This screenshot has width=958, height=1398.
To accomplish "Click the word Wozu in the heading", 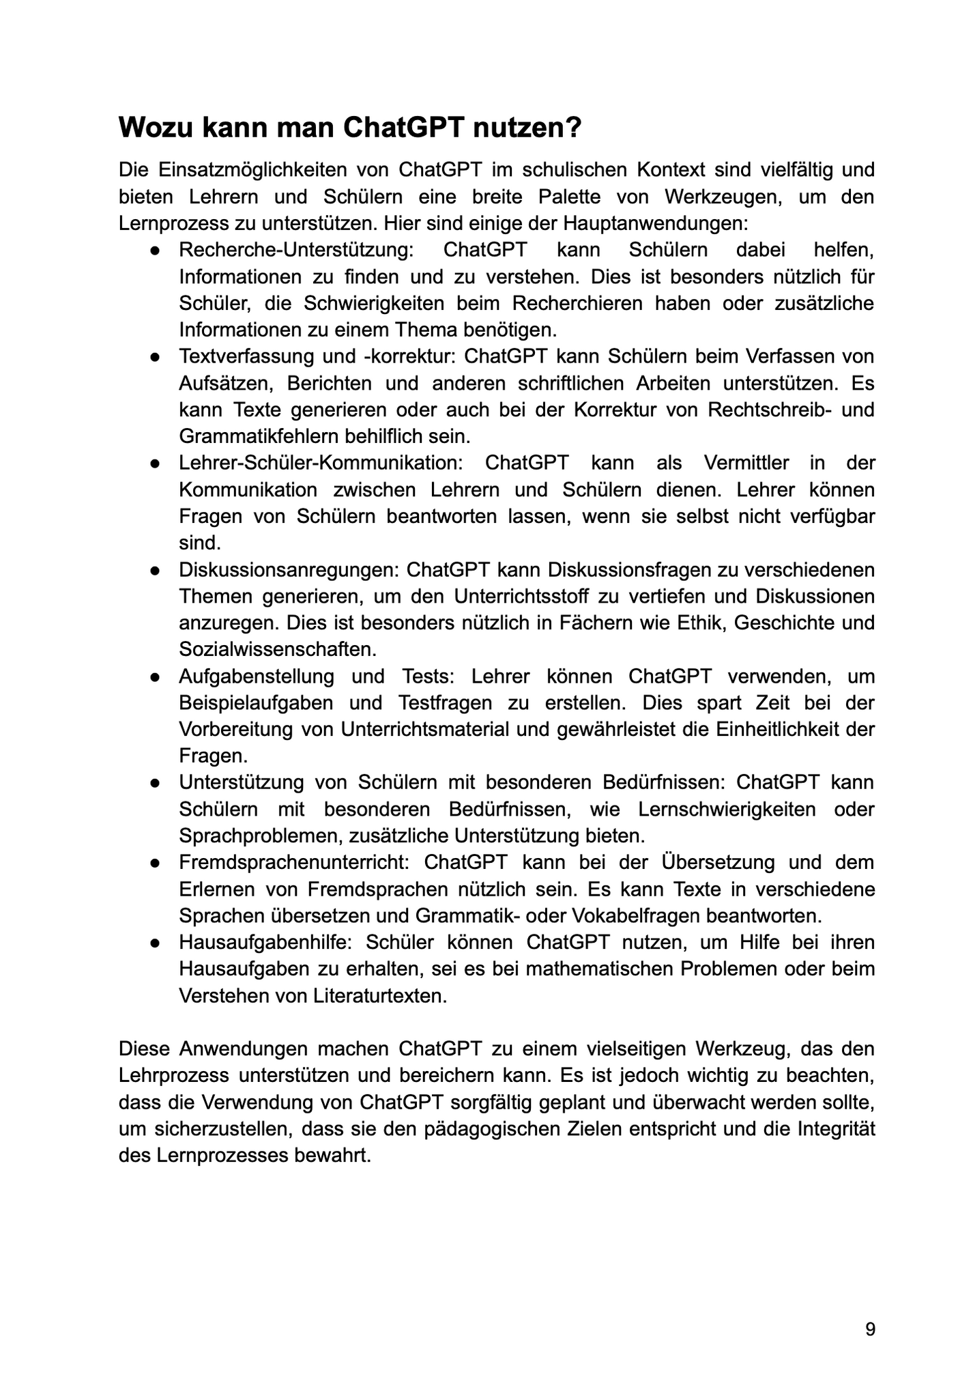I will coord(156,128).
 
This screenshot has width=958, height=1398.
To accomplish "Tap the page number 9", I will coord(870,1329).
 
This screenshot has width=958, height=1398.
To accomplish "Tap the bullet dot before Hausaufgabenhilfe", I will coord(156,943).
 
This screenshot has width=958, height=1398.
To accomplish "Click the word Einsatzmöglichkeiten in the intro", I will coord(261,169).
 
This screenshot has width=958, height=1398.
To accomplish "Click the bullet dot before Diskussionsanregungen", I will coord(156,570).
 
